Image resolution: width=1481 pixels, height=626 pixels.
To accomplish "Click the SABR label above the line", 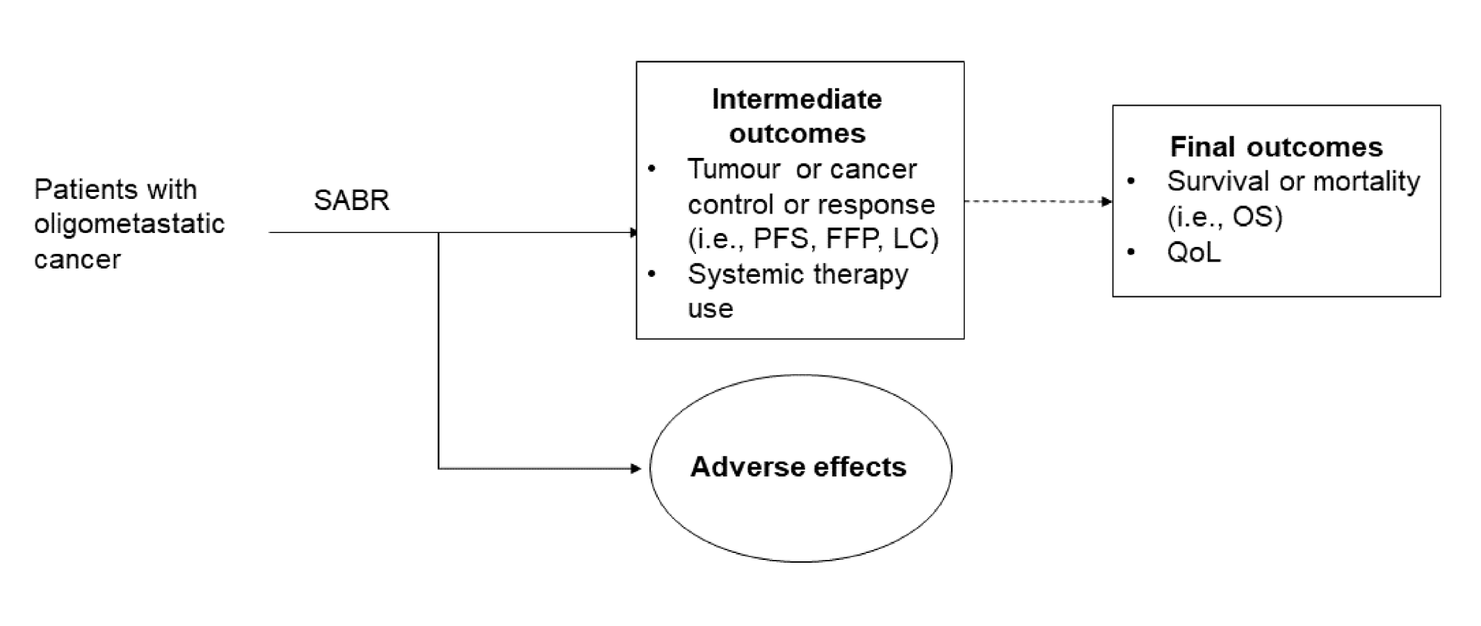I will pos(351,200).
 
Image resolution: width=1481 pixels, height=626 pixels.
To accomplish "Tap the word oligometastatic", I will pos(129,224).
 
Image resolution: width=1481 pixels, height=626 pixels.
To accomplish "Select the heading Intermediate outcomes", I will pos(797,116).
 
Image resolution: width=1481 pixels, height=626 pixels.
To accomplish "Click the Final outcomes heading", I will pos(1276,147).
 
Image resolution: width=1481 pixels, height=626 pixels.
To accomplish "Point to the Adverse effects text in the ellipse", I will pos(798,467).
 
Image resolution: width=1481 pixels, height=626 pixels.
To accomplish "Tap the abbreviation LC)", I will pos(916,239).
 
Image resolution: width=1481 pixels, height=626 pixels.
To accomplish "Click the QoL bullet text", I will pos(1193,252).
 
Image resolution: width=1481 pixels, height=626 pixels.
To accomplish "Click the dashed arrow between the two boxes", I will pos(1036,202).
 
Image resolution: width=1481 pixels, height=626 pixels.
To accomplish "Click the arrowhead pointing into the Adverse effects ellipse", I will pos(636,469).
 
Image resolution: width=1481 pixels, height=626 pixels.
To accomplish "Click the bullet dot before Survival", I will pos(1131,182).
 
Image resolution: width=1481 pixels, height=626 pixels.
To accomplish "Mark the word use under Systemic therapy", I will pos(710,308).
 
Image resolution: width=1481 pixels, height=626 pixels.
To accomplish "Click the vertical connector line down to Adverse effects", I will pos(439,348).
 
